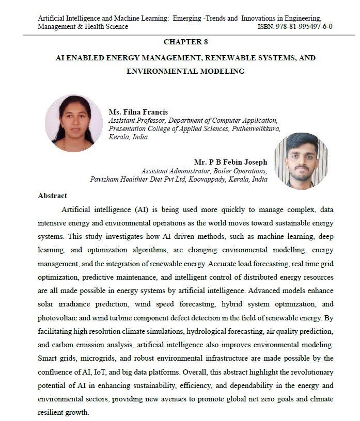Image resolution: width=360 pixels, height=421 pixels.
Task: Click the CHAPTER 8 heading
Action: pyautogui.click(x=185, y=41)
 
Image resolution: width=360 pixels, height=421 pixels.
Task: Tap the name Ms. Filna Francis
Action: pyautogui.click(x=138, y=112)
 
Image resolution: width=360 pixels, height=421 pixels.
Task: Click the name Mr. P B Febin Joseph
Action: pyautogui.click(x=230, y=162)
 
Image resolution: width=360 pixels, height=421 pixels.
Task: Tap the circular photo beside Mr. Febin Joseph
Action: pyautogui.click(x=301, y=161)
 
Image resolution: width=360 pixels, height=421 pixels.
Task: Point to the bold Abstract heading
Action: pyautogui.click(x=53, y=196)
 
